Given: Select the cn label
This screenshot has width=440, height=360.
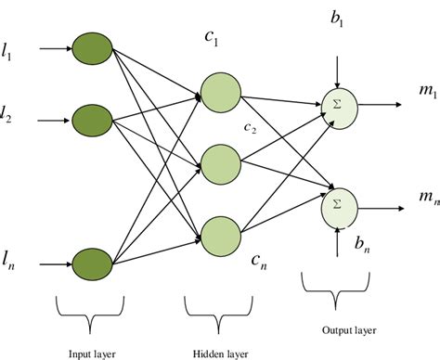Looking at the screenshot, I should tap(259, 263).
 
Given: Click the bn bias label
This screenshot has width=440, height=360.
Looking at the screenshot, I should tap(363, 245).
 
